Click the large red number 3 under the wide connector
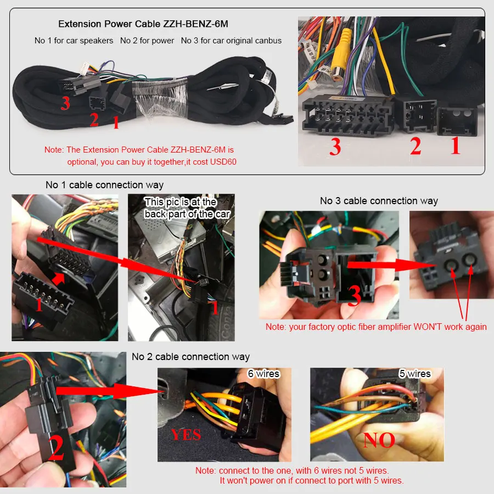click(335, 147)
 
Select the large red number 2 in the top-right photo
click(416, 146)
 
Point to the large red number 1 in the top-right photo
click(455, 146)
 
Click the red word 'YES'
click(186, 435)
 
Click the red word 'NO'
click(379, 440)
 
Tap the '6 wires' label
click(263, 374)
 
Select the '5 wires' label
click(414, 374)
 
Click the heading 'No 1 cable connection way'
click(104, 185)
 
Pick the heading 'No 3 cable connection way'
click(379, 201)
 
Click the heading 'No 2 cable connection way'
click(190, 357)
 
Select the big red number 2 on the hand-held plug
click(56, 447)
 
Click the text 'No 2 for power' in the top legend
click(147, 41)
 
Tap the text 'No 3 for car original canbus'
click(231, 41)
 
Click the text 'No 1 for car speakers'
click(74, 41)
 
